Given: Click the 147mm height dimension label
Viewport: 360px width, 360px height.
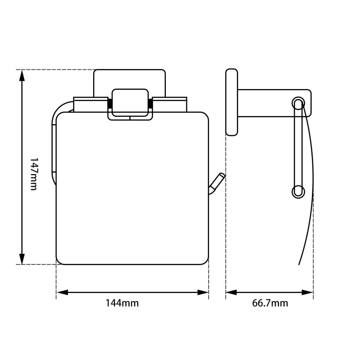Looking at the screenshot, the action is [34, 174].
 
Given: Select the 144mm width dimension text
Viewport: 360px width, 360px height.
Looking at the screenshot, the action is [122, 303].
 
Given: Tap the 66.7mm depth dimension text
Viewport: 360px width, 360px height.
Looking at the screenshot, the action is [270, 303].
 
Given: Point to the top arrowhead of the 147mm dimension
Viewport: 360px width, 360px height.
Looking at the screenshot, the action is [22, 76].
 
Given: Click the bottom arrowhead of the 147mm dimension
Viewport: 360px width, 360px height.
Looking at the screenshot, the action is [22, 259].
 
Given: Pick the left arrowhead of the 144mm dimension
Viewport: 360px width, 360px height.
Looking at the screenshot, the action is [62, 293].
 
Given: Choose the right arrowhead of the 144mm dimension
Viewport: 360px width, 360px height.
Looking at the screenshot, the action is [203, 293].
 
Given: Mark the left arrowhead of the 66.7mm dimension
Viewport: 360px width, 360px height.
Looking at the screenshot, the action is [231, 293].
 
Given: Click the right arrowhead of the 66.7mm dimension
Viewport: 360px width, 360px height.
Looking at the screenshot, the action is [308, 293].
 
